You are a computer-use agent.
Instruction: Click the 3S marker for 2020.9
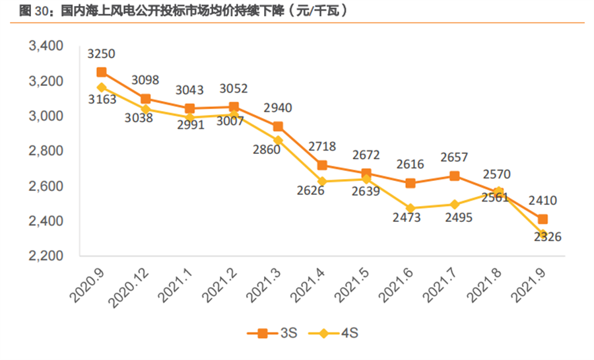coord(102,72)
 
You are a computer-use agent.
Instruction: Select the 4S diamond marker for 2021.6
coord(411,208)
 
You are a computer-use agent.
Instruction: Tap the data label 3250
coord(102,54)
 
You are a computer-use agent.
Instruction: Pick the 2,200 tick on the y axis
coord(44,256)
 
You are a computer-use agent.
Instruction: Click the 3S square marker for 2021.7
coord(455,176)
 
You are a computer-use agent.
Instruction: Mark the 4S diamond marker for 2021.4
coord(322,181)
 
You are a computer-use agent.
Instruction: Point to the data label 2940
coord(278,108)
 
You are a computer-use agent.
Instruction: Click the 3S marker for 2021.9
coord(543,219)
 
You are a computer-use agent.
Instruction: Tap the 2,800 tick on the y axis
coord(44,151)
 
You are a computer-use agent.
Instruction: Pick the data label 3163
coord(102,100)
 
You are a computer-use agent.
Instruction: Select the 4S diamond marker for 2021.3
coord(278,140)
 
